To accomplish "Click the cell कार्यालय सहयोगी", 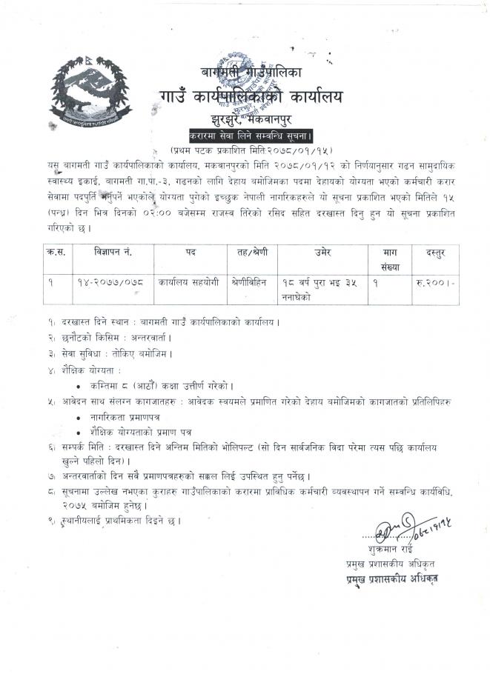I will click(190, 282).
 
